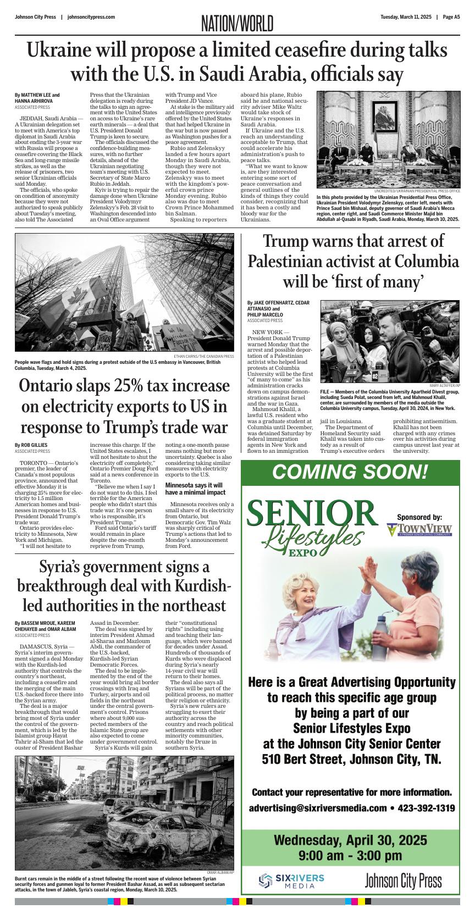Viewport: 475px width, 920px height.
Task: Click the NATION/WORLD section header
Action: click(x=237, y=24)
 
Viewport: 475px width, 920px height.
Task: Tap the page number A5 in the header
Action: click(x=452, y=17)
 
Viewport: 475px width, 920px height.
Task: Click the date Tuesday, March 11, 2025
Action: click(x=406, y=17)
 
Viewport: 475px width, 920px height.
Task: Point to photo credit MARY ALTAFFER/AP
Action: click(x=445, y=385)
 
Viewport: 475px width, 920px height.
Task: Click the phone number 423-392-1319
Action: click(x=426, y=808)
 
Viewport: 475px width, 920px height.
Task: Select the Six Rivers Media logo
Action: click(x=292, y=881)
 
